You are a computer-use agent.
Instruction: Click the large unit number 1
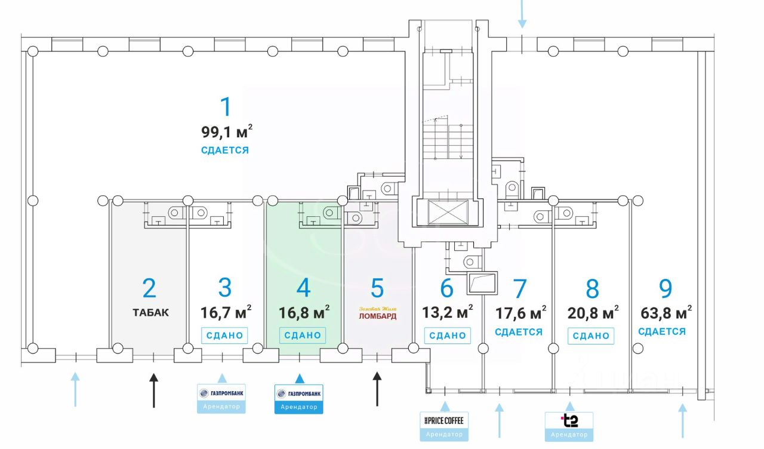click(225, 107)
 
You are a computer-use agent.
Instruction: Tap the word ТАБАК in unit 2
click(150, 312)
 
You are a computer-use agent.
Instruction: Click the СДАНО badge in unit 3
click(224, 336)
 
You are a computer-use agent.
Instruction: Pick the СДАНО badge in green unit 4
click(303, 336)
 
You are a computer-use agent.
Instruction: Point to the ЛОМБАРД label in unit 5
click(377, 316)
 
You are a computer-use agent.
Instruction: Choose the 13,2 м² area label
click(447, 311)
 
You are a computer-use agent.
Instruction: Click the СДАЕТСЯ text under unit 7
click(519, 332)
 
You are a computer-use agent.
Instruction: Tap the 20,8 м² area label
click(592, 312)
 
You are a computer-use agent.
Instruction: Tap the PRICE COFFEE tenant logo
click(444, 420)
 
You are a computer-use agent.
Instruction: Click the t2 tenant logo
click(569, 420)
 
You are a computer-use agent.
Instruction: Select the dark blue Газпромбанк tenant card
click(299, 398)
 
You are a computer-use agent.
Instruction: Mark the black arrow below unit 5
click(377, 389)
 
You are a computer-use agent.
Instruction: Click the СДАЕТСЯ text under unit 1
click(225, 150)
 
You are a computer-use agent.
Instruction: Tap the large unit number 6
click(446, 288)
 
